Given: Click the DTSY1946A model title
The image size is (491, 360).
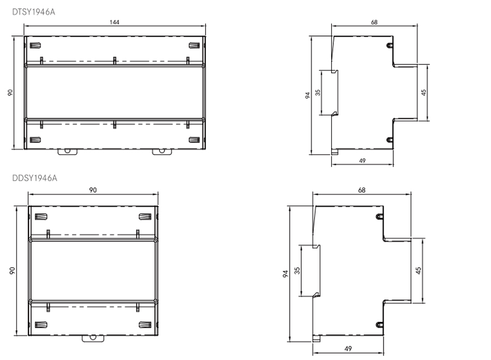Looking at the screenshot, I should (33, 10).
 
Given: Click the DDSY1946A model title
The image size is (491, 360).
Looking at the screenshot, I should (34, 178).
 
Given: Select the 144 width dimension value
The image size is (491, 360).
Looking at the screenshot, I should (114, 22).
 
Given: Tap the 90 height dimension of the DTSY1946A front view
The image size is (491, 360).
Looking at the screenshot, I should (9, 93).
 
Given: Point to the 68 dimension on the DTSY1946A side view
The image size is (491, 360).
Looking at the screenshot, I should (374, 22).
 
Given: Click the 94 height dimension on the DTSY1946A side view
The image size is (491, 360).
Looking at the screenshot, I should (308, 95).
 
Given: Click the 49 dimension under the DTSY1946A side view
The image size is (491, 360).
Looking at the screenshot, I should (362, 160).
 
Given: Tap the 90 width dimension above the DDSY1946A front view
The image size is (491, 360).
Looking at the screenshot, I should (93, 190).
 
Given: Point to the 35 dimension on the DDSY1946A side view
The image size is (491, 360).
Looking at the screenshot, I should (297, 271).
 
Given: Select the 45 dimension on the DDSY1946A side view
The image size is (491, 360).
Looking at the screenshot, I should (418, 271).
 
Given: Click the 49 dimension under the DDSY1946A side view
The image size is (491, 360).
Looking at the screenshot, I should (348, 349).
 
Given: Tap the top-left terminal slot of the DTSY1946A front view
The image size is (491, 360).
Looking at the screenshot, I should (35, 46).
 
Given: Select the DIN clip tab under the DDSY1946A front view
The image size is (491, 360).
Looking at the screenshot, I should (93, 339).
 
